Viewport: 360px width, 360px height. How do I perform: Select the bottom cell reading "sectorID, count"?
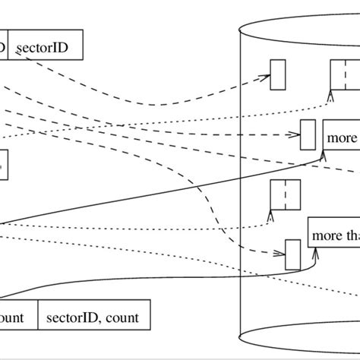tap(93, 317)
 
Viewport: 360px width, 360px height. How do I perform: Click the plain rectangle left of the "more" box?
tap(308, 134)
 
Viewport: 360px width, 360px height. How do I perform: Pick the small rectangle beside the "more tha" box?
tap(292, 254)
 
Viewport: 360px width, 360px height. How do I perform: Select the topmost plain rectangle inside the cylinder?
tap(277, 74)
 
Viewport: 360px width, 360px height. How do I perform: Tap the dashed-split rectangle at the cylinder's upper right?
tap(343, 74)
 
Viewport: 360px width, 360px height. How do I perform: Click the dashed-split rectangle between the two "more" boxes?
tap(286, 193)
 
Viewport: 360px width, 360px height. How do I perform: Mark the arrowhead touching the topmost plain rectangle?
tap(267, 77)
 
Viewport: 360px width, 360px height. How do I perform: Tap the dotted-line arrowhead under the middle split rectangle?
tap(271, 213)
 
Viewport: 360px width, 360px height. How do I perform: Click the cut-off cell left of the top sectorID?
tap(4, 47)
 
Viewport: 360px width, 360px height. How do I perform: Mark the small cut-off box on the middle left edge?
tap(4, 164)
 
